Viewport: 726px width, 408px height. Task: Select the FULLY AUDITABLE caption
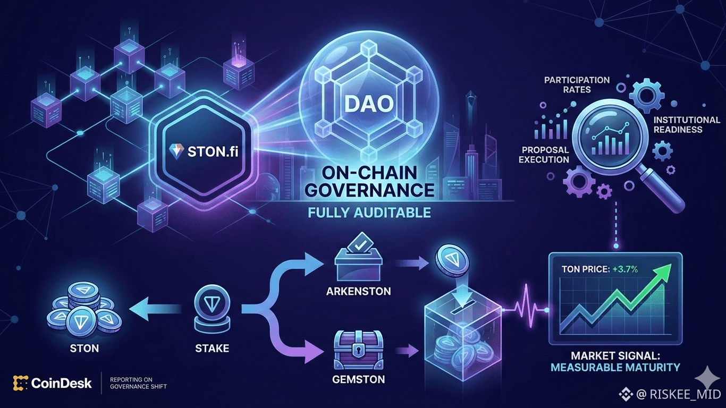pyautogui.click(x=369, y=214)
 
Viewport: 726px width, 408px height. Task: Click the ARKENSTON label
pyautogui.click(x=359, y=291)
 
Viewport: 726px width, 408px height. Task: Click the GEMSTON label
pyautogui.click(x=359, y=380)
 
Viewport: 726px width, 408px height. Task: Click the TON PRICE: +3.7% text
pyautogui.click(x=600, y=269)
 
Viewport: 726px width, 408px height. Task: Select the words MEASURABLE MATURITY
pyautogui.click(x=615, y=367)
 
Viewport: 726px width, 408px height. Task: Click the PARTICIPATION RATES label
pyautogui.click(x=577, y=84)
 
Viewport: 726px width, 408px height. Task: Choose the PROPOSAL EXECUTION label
pyautogui.click(x=545, y=155)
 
